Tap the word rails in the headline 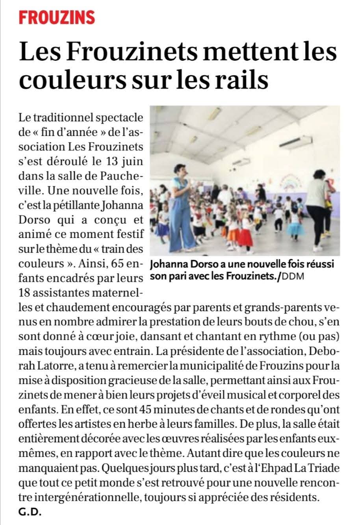click(239, 78)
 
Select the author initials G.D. click(30, 512)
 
